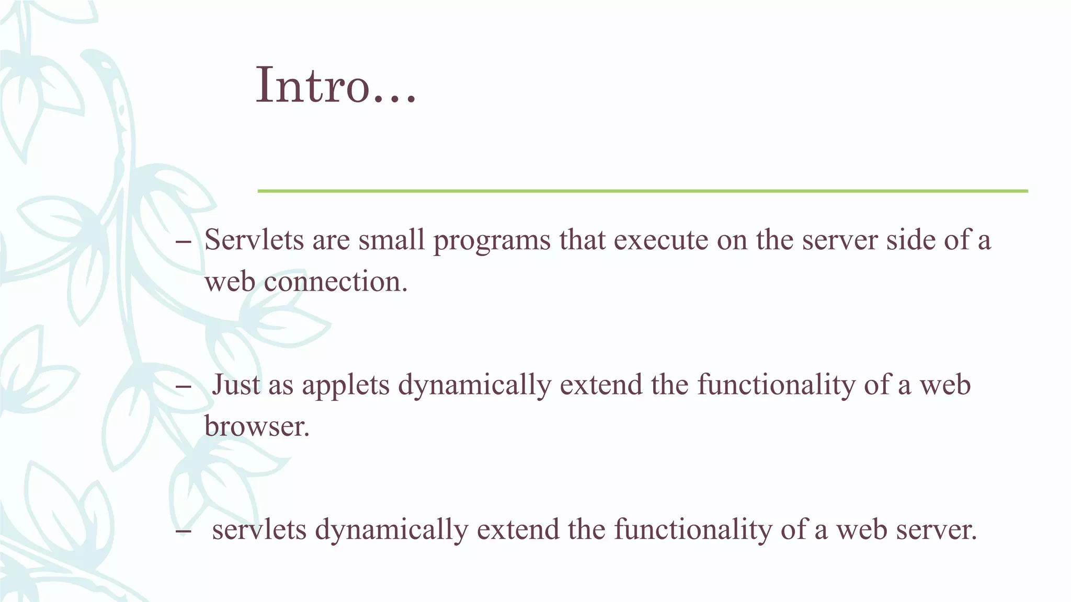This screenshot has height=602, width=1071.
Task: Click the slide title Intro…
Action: point(336,85)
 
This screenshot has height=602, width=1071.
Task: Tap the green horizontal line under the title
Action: point(642,191)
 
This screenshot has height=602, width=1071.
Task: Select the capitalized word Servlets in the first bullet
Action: point(254,240)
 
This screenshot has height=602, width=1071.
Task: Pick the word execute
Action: point(661,240)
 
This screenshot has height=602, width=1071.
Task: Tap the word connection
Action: point(335,282)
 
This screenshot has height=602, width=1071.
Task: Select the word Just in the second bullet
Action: point(236,385)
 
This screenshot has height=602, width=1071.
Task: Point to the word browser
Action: point(256,426)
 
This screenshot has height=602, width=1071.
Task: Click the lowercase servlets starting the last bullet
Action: point(259,529)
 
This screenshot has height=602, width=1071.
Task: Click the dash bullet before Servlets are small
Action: point(184,241)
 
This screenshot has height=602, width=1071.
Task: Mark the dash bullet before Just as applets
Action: point(184,386)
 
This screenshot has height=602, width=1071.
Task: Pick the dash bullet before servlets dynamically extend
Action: point(184,531)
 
